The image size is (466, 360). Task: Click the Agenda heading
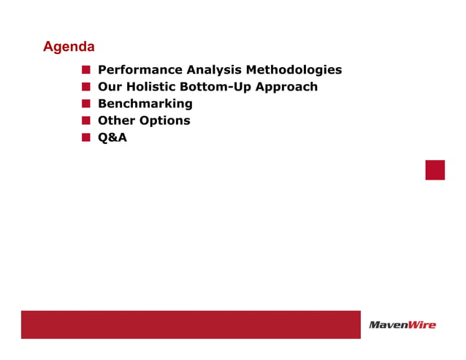pos(69,47)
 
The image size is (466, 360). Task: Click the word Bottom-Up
pos(217,87)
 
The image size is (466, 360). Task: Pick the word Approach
pos(286,87)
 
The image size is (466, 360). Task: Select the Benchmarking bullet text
pos(145,104)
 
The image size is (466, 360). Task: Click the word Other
pos(115,120)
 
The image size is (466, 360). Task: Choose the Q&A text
pos(112,137)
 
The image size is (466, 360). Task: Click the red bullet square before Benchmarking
pos(85,104)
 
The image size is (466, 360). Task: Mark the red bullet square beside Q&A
pos(85,137)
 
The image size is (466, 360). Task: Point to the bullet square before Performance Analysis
pos(85,70)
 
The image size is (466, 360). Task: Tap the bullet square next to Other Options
pos(85,120)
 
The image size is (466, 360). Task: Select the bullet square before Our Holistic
pos(85,87)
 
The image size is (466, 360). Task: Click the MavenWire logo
pos(402,325)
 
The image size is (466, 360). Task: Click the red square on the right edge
pos(435,169)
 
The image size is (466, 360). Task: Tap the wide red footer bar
pos(190,324)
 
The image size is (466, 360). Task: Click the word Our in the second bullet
pos(110,87)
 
